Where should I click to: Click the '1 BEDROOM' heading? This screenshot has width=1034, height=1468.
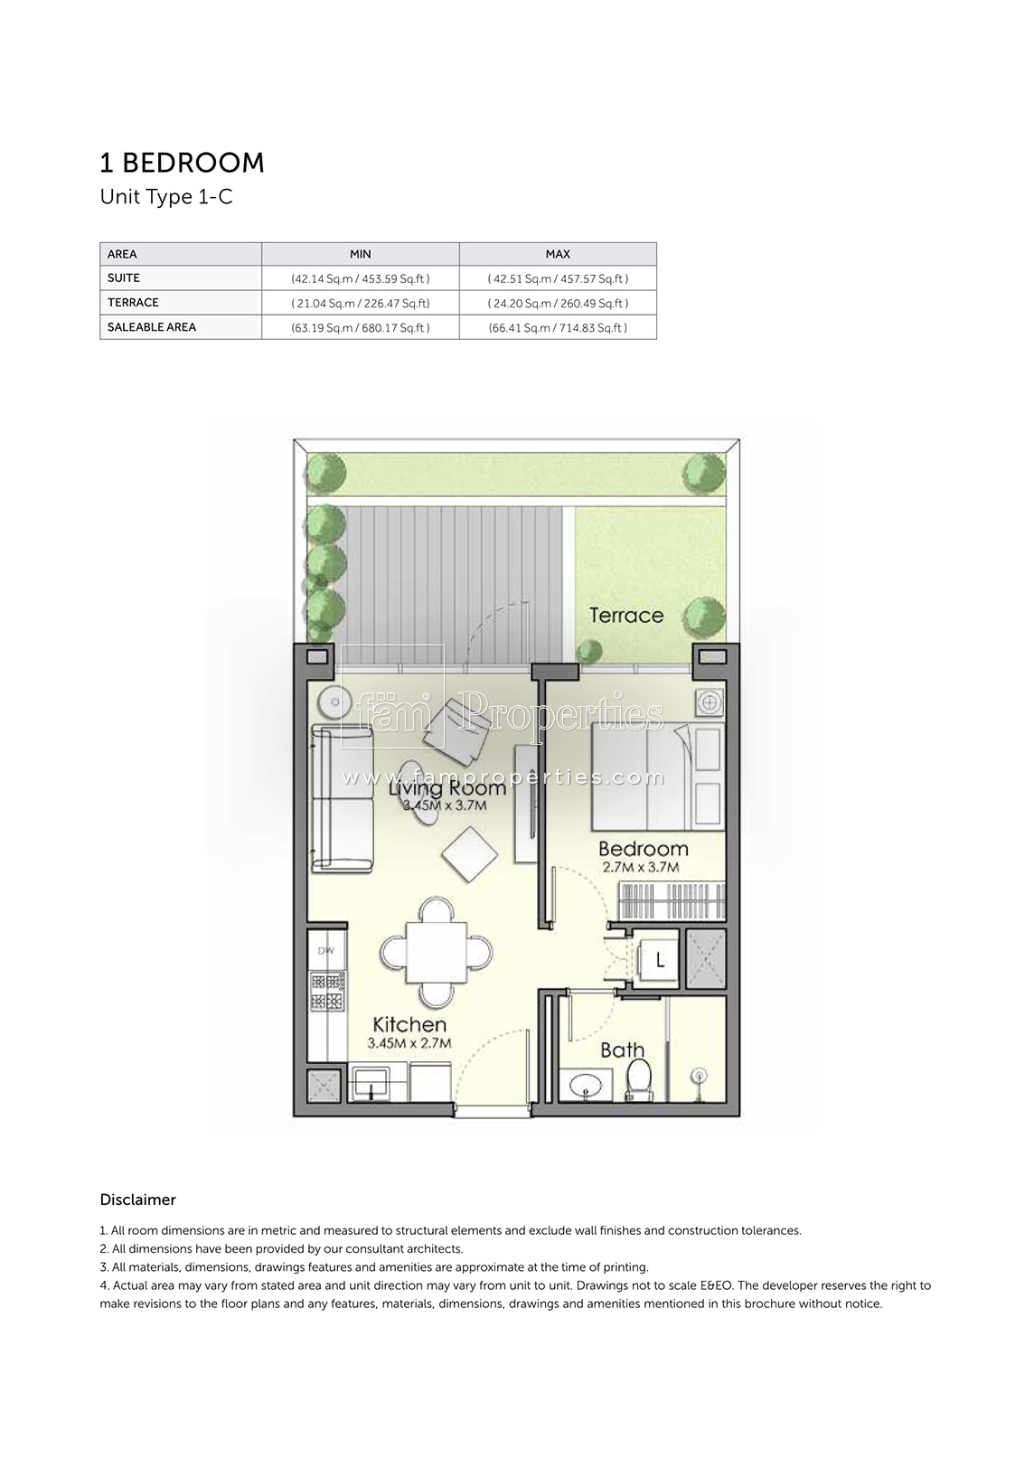coord(182,164)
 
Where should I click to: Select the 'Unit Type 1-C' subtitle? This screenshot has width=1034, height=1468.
coord(165,197)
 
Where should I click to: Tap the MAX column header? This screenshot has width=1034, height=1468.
coord(558,254)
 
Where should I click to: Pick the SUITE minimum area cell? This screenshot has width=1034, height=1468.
coord(361,278)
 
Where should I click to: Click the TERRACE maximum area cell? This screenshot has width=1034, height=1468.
coord(558,304)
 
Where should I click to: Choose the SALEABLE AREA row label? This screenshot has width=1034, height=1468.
coord(151,327)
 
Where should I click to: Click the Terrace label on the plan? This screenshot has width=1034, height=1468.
coord(625,616)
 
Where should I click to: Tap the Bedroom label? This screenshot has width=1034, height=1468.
coord(643,850)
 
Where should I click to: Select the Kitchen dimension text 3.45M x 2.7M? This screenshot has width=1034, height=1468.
coord(409,1043)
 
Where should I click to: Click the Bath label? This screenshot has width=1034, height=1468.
coord(622,1049)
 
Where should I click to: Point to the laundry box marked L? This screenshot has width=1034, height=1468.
coord(658,961)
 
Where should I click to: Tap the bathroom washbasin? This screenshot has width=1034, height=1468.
coord(585,1086)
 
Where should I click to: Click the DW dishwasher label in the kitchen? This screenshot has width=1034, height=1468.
coord(325,951)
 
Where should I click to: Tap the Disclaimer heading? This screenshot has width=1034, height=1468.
coord(137,1200)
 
